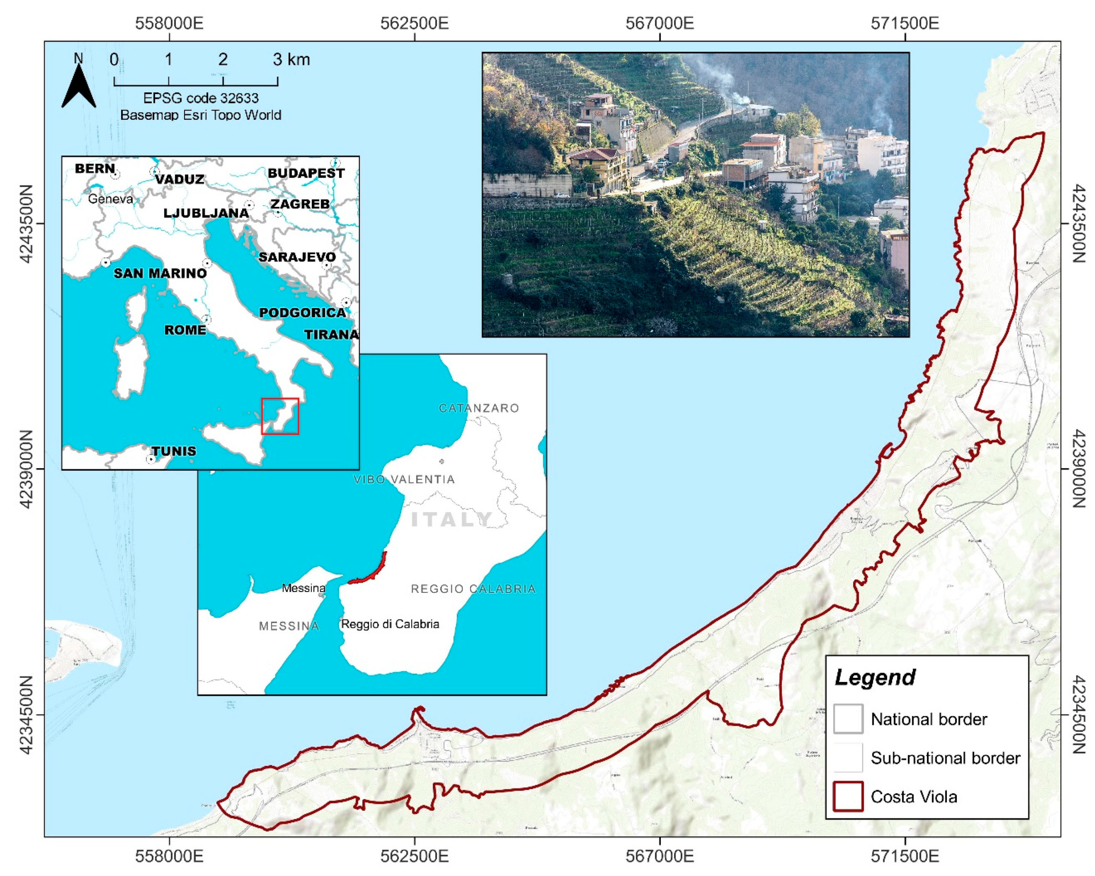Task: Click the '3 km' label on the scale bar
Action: pos(291,60)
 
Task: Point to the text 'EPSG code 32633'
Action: pos(201,98)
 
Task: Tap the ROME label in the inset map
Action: pos(185,330)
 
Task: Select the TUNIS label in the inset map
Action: pos(174,451)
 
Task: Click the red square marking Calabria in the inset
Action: pos(280,417)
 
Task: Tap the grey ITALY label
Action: pos(451,519)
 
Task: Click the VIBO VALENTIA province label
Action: pos(404,479)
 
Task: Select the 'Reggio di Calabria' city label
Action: pos(390,624)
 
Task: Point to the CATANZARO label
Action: pos(478,408)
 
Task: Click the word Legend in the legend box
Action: pos(875,678)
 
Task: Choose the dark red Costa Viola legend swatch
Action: pos(848,796)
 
